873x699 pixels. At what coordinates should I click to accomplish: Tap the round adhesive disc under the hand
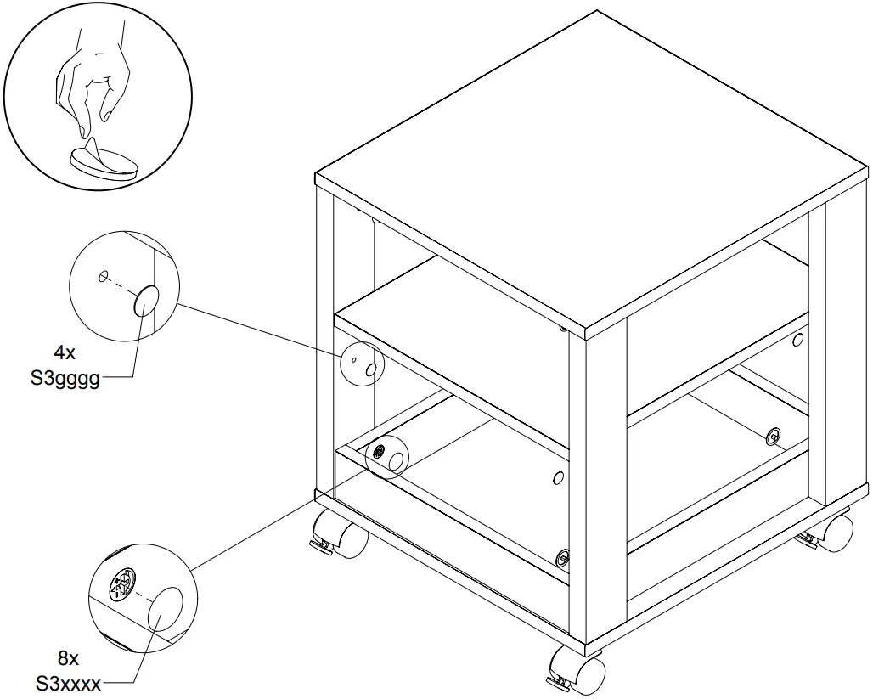[x=104, y=162]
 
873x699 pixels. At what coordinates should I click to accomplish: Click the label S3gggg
[x=65, y=379]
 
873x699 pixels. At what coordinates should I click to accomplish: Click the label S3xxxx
[x=68, y=684]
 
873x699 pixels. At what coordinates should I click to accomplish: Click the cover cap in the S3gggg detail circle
[x=147, y=300]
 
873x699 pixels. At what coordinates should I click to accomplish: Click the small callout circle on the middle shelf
[x=362, y=364]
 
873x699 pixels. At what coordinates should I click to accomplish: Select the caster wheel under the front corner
[x=579, y=670]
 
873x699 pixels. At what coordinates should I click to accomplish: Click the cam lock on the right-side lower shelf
[x=772, y=437]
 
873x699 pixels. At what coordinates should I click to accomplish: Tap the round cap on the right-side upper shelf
[x=797, y=340]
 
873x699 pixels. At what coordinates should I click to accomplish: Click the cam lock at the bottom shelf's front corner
[x=561, y=557]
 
